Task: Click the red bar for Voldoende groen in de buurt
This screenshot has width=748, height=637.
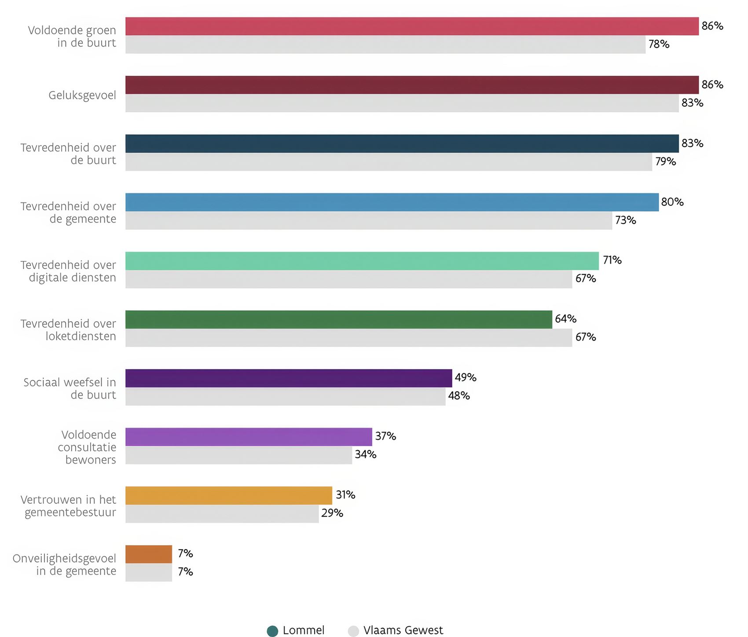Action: pyautogui.click(x=412, y=26)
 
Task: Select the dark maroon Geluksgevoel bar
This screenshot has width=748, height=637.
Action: pyautogui.click(x=412, y=85)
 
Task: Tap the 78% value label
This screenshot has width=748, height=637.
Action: pyautogui.click(x=659, y=44)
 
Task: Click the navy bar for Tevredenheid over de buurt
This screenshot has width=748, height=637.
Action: pyautogui.click(x=402, y=144)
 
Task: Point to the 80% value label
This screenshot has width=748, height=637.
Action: pyautogui.click(x=672, y=202)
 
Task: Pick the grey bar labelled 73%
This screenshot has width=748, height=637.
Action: pyautogui.click(x=368, y=220)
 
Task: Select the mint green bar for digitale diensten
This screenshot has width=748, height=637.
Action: pyautogui.click(x=362, y=261)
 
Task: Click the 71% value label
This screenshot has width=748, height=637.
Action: pyautogui.click(x=612, y=260)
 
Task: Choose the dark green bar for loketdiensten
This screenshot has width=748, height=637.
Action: pyautogui.click(x=338, y=319)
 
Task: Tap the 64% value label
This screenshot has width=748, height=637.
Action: pyautogui.click(x=565, y=319)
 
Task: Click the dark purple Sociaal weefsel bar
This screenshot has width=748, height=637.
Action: pyautogui.click(x=288, y=378)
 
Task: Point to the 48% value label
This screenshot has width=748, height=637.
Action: pyautogui.click(x=459, y=396)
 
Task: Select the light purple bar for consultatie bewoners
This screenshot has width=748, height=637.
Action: pyautogui.click(x=249, y=437)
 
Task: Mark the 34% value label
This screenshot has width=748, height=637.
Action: pyautogui.click(x=366, y=454)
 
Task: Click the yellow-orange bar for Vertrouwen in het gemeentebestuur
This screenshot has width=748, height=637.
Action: pyautogui.click(x=228, y=496)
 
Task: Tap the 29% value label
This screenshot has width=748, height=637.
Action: pyautogui.click(x=332, y=513)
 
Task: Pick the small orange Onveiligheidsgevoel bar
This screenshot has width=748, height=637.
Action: pyautogui.click(x=148, y=554)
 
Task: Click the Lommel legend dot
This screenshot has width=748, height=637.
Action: pyautogui.click(x=272, y=631)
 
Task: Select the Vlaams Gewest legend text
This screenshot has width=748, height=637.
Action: pyautogui.click(x=403, y=630)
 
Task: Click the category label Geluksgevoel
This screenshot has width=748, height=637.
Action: pyautogui.click(x=82, y=95)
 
